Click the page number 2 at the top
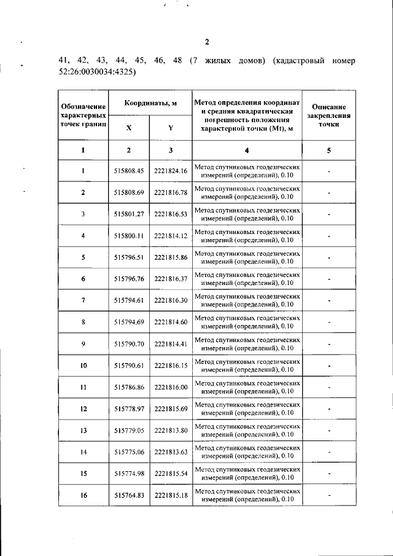[x=207, y=42]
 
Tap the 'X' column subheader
[x=128, y=128]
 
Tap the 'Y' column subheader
[x=171, y=128]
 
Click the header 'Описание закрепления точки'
[x=329, y=115]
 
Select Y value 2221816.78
[x=171, y=193]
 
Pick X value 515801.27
[x=128, y=214]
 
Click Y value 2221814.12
[x=171, y=236]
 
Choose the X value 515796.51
[x=128, y=257]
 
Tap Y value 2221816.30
[x=171, y=300]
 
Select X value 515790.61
[x=128, y=366]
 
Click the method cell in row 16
[x=247, y=495]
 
